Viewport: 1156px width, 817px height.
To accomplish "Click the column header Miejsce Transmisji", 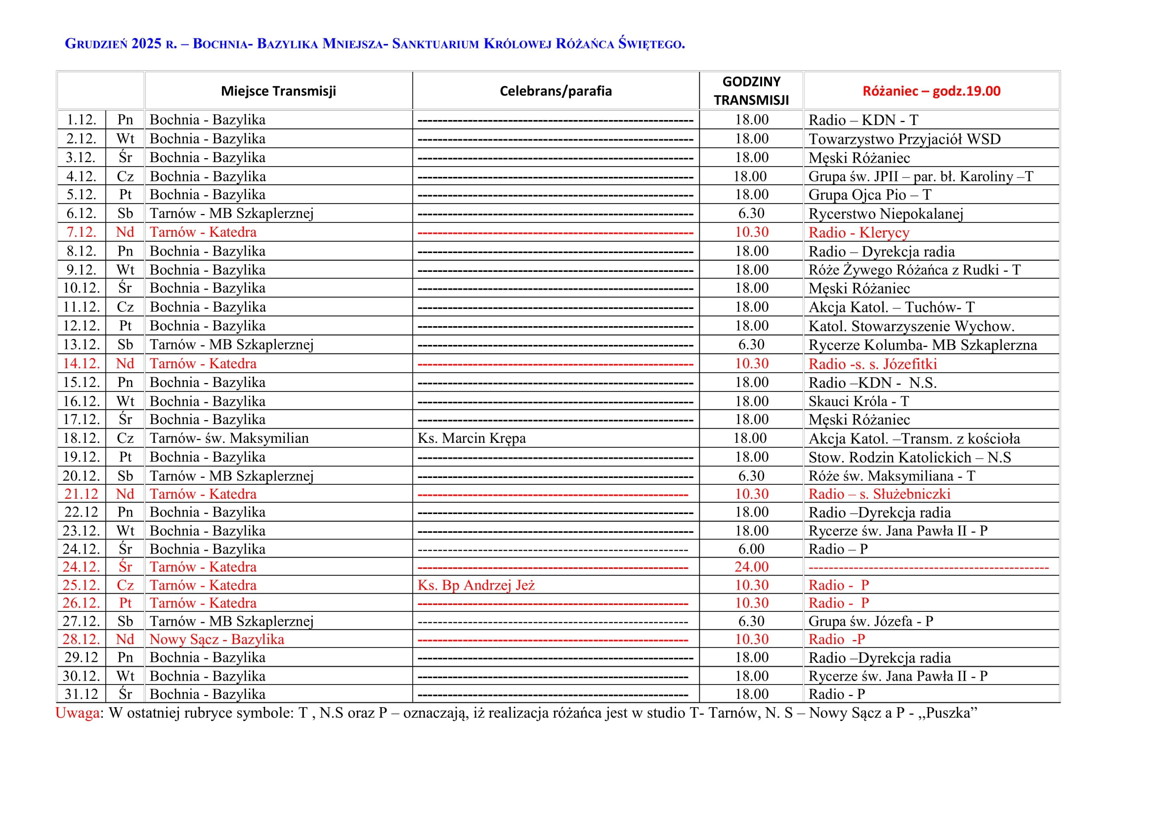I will [278, 91].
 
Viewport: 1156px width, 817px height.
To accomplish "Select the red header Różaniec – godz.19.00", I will [931, 91].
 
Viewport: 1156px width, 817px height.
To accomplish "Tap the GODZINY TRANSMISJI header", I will [751, 91].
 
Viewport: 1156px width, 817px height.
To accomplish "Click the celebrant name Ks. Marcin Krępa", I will [471, 438].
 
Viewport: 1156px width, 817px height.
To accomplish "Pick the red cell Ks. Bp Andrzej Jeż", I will [476, 585].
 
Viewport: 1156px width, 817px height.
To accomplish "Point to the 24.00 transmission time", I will [751, 567].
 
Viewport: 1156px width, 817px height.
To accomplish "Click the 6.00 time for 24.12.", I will [751, 549].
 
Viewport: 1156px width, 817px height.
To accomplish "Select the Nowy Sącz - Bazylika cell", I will [216, 639].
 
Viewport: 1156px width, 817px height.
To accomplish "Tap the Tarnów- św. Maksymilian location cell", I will [229, 438].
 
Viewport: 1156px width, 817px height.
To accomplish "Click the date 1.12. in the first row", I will [81, 120].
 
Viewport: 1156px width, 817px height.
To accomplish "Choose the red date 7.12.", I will [81, 232].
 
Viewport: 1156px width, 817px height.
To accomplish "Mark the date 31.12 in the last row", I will [81, 694].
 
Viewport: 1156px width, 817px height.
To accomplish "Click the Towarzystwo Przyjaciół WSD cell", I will [904, 139].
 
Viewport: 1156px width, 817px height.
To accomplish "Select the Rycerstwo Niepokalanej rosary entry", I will [886, 214].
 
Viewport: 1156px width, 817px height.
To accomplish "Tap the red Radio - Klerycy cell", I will [859, 233].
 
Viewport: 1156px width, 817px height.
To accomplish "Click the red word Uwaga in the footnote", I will [78, 713].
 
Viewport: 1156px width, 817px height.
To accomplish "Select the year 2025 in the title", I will [146, 44].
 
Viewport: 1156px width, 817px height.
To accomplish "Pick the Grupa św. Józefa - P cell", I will [870, 621].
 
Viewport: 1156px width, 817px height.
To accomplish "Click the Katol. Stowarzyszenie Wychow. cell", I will [911, 326].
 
